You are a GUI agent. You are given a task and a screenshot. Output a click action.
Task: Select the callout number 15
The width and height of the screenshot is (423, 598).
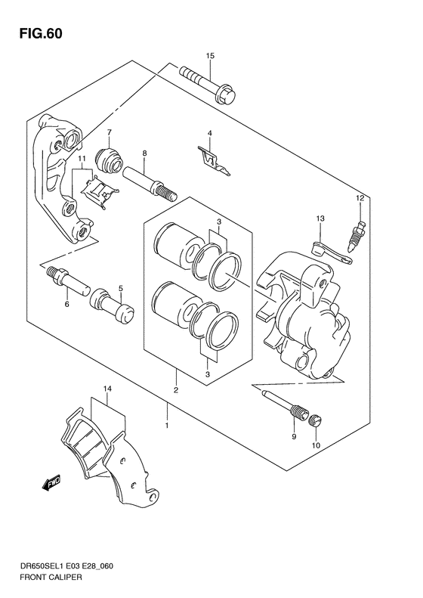point(211,56)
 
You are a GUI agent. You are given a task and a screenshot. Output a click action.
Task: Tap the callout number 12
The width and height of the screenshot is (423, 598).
point(361,198)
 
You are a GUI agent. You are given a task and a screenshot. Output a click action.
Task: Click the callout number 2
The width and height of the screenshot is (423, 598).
point(175,391)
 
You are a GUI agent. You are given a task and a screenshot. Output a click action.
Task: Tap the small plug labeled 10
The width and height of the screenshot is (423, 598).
point(316,421)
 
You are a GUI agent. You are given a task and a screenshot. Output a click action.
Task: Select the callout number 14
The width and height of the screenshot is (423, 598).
point(108,389)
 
